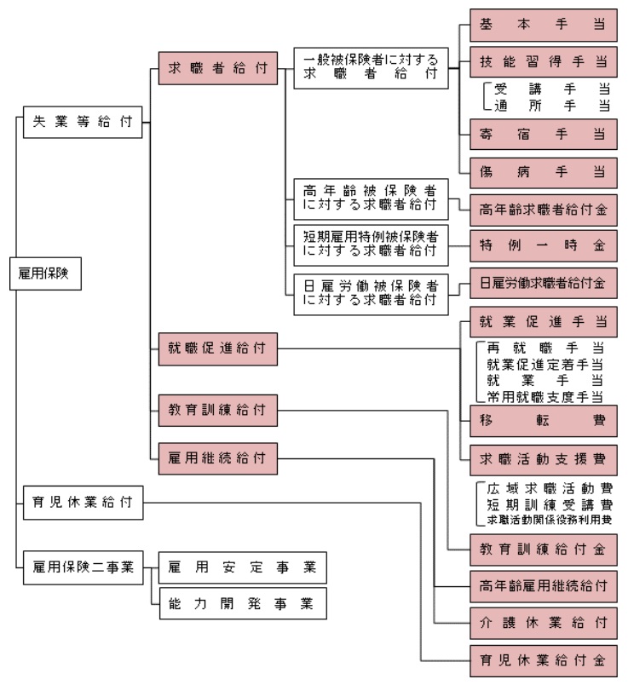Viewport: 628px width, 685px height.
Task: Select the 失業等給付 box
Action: (x=83, y=121)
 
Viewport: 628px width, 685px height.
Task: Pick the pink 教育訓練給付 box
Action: (x=217, y=411)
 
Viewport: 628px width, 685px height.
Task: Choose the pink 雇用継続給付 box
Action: (x=217, y=458)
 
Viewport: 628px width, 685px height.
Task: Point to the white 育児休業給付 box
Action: (x=83, y=502)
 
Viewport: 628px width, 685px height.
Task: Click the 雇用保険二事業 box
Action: (x=83, y=567)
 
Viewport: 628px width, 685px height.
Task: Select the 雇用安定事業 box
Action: (x=241, y=567)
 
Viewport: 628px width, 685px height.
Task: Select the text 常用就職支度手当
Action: (x=545, y=397)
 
